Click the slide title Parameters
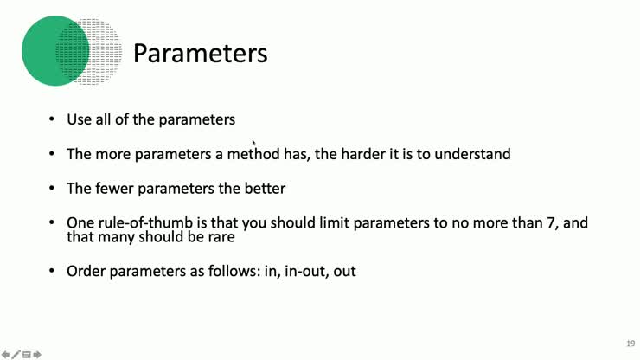coord(200,54)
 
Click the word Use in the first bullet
coord(79,119)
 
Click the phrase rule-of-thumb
coord(146,222)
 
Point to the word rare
coord(221,236)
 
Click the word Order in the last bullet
coord(86,271)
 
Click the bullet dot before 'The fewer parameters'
coord(51,189)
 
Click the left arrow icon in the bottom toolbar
coord(5,354)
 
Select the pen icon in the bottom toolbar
coord(16,354)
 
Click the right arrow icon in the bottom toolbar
coord(37,354)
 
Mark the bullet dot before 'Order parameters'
coord(51,272)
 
